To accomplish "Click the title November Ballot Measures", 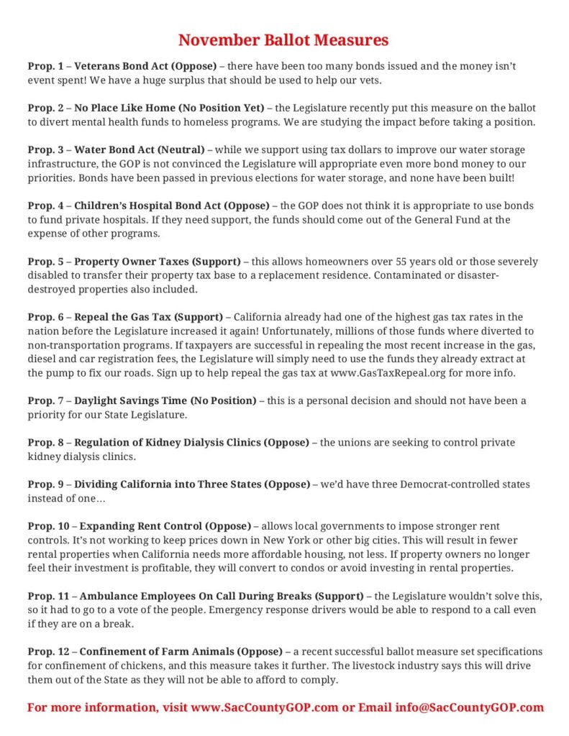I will (283, 40).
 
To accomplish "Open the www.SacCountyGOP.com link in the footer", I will (265, 707).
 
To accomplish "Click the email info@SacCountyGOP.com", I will (469, 707).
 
